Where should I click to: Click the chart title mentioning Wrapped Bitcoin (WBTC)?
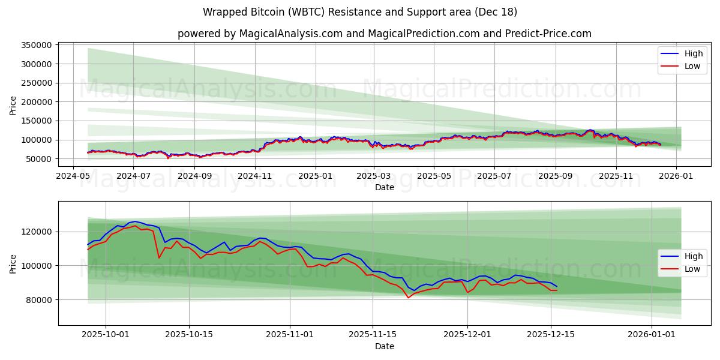coord(360,12)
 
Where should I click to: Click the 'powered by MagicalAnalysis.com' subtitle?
coord(384,34)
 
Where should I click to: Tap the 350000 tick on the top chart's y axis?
coord(37,45)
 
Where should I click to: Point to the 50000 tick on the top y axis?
coord(39,159)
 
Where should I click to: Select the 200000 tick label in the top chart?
coord(37,102)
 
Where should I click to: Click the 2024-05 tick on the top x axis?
coord(73,176)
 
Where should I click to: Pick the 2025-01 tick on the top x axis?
coord(315,176)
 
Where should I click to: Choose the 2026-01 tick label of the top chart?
coord(676,176)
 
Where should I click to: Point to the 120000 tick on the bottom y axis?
coord(37,232)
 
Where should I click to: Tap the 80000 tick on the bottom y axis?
coord(39,299)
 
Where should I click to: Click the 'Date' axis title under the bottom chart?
coord(384,346)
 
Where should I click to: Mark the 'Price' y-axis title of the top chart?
coord(13,105)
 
